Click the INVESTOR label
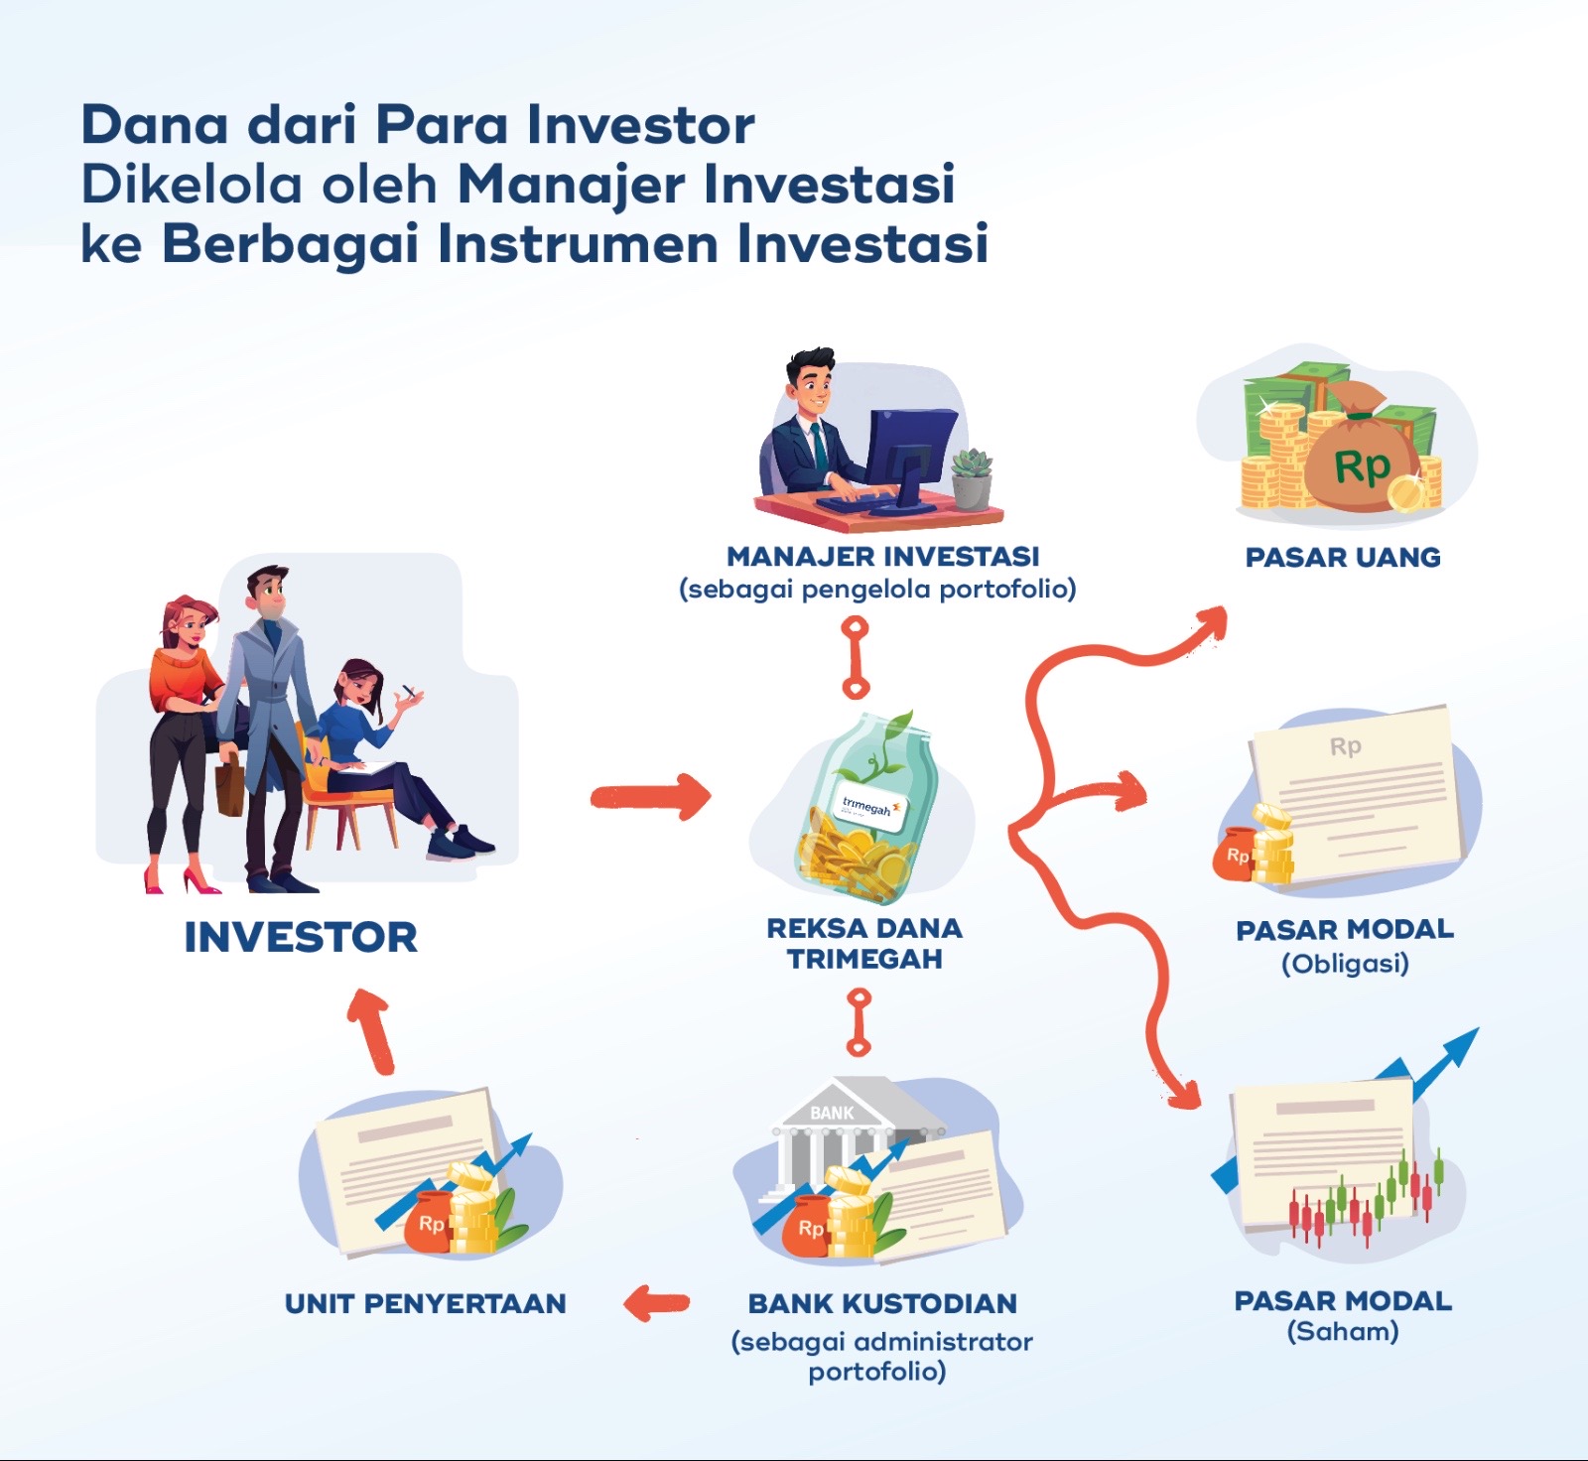[301, 937]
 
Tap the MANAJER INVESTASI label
[882, 556]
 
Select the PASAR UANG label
[1343, 557]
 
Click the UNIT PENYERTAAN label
[425, 1303]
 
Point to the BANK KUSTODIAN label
[882, 1303]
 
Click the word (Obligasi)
[1345, 964]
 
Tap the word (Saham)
[1343, 1332]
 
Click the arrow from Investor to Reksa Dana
[651, 796]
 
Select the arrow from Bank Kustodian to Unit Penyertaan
[656, 1303]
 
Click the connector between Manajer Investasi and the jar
[856, 657]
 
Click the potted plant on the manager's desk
[972, 479]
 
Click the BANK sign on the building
[832, 1113]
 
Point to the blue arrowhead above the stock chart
[1459, 1048]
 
